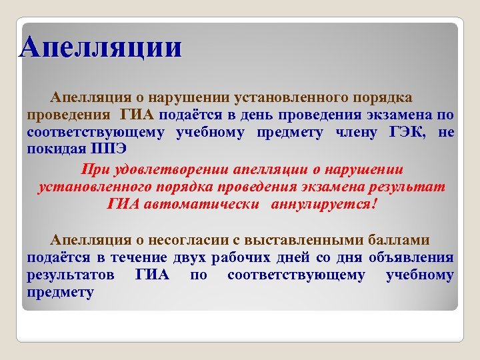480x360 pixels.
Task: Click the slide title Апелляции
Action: pos(100,48)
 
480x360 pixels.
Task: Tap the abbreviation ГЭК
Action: pos(408,131)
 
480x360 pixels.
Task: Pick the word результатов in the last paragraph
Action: pos(70,275)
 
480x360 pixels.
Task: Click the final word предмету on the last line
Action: pos(60,292)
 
